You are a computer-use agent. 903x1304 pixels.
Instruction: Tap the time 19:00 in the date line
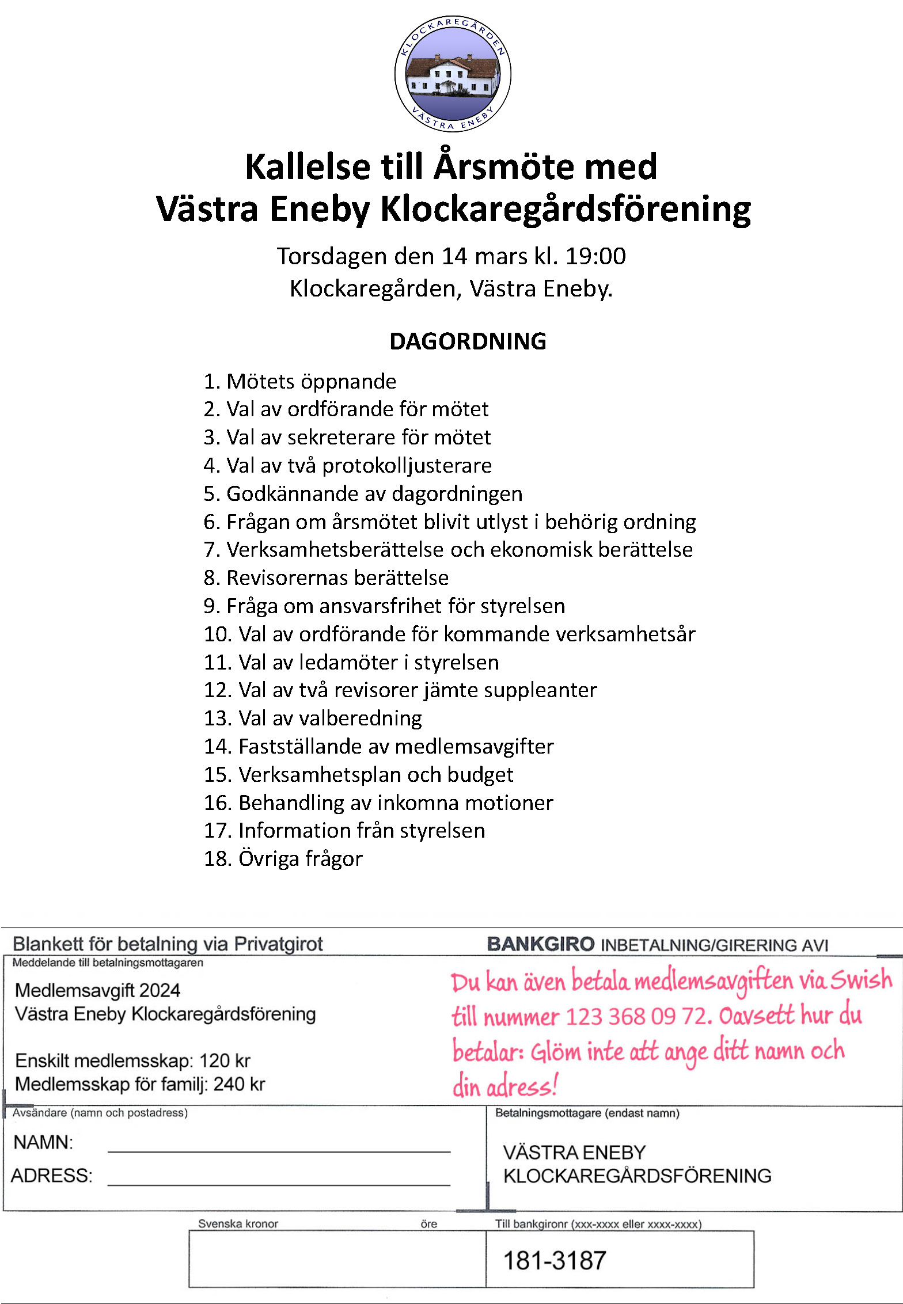[595, 256]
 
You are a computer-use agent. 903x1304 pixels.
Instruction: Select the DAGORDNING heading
[468, 341]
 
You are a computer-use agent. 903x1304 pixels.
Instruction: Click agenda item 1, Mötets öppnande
[300, 382]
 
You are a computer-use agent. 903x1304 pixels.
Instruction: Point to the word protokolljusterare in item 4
[407, 466]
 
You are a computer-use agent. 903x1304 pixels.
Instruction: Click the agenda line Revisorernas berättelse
[326, 578]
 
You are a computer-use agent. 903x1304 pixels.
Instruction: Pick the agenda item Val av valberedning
[313, 718]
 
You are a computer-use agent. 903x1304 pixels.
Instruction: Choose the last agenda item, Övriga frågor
[283, 859]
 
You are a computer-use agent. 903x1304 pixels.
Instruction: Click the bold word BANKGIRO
[540, 944]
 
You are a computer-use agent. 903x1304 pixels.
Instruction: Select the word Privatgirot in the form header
[278, 944]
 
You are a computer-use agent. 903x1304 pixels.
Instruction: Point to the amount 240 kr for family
[239, 1084]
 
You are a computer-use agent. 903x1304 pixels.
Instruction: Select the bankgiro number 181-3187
[555, 1261]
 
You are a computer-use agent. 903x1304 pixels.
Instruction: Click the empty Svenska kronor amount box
[337, 1259]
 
